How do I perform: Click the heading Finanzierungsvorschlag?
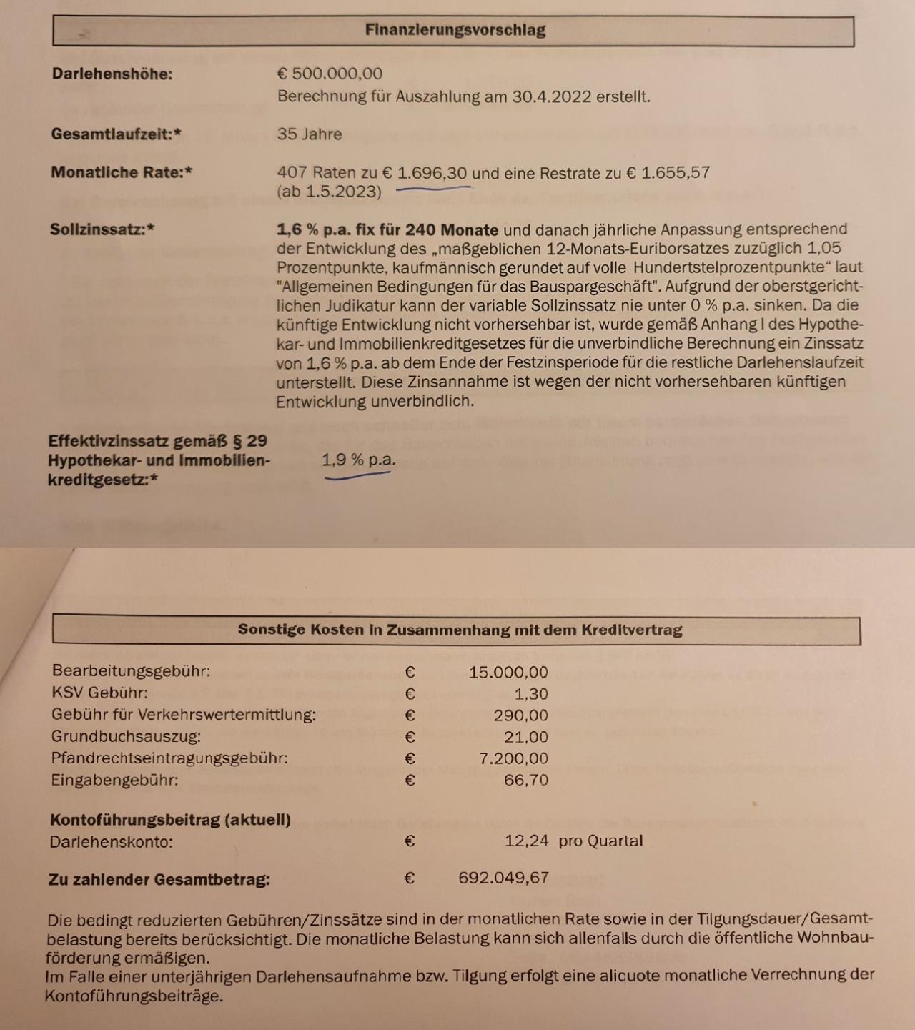pyautogui.click(x=455, y=30)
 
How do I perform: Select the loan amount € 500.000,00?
pyautogui.click(x=330, y=74)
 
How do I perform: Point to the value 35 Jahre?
pyautogui.click(x=310, y=134)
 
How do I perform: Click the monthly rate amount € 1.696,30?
pyautogui.click(x=425, y=173)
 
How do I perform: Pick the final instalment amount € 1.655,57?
pyautogui.click(x=668, y=173)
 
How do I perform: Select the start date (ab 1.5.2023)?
pyautogui.click(x=329, y=192)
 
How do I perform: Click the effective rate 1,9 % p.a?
pyautogui.click(x=358, y=460)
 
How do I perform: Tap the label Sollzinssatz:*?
pyautogui.click(x=102, y=229)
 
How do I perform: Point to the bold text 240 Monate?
pyautogui.click(x=452, y=230)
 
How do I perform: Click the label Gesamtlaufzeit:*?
pyautogui.click(x=116, y=134)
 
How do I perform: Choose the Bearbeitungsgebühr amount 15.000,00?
pyautogui.click(x=508, y=673)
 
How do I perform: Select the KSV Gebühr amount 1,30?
pyautogui.click(x=531, y=694)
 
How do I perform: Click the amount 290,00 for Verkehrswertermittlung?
pyautogui.click(x=520, y=715)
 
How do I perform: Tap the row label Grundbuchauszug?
pyautogui.click(x=126, y=736)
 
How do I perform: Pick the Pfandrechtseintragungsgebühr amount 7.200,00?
pyautogui.click(x=513, y=758)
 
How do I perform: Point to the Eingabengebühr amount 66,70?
pyautogui.click(x=525, y=780)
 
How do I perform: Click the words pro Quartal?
pyautogui.click(x=600, y=841)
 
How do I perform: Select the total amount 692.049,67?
pyautogui.click(x=503, y=878)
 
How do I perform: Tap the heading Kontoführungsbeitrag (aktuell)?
pyautogui.click(x=170, y=820)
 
